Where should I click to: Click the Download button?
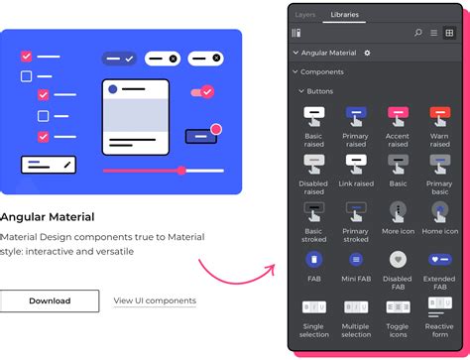tap(50, 300)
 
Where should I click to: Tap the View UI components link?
tap(155, 300)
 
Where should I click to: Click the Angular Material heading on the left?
tap(48, 216)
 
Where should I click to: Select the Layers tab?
tap(305, 15)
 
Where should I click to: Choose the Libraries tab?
tap(345, 15)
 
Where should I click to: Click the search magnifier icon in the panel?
tap(418, 33)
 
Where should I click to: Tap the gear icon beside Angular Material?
tap(368, 53)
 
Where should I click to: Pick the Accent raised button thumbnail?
tap(398, 115)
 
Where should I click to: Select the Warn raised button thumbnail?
tap(440, 115)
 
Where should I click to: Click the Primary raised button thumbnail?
tap(356, 115)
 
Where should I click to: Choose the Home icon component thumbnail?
tap(440, 210)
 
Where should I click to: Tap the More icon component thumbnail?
tap(398, 210)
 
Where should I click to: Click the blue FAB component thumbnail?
tap(313, 260)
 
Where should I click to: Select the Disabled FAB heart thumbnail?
tap(398, 260)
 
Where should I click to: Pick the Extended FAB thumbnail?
tap(440, 260)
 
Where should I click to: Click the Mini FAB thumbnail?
tap(356, 260)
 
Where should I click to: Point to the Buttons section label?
tap(320, 91)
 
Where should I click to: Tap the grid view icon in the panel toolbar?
tap(449, 33)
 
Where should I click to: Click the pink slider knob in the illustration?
tap(181, 171)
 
